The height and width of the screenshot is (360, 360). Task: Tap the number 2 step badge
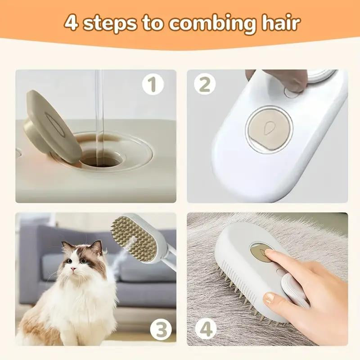pyautogui.click(x=205, y=84)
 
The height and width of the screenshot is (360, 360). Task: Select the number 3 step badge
pyautogui.click(x=161, y=330)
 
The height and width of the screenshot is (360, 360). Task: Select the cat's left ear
pyautogui.click(x=97, y=247)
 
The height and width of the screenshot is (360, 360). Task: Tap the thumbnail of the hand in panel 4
pyautogui.click(x=269, y=297)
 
